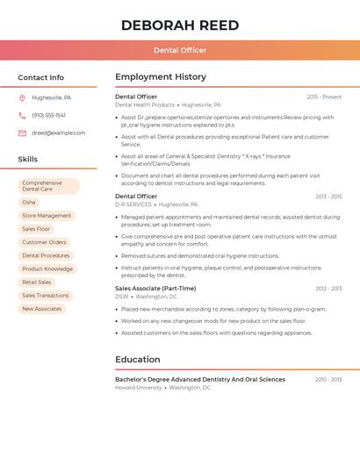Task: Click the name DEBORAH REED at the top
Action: [x=180, y=25]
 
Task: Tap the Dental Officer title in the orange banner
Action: [x=180, y=50]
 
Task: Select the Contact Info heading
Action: [x=41, y=77]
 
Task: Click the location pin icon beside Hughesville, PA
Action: [x=22, y=97]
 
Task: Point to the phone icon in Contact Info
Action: [x=22, y=115]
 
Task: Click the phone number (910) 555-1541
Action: [x=49, y=115]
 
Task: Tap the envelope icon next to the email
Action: [x=22, y=132]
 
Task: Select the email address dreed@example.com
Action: [x=59, y=132]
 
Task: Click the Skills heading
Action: [x=28, y=160]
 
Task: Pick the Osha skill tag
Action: [x=29, y=202]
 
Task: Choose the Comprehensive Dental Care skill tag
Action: [x=48, y=186]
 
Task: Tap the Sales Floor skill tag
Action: [x=36, y=229]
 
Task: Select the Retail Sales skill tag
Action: [x=37, y=283]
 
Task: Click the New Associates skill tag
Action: [x=42, y=309]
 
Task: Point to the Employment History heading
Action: [x=161, y=77]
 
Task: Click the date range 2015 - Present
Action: [x=324, y=97]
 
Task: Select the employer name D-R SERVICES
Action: [x=133, y=204]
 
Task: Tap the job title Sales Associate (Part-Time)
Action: [x=155, y=288]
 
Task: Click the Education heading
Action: [x=138, y=360]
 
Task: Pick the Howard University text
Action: [x=139, y=387]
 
